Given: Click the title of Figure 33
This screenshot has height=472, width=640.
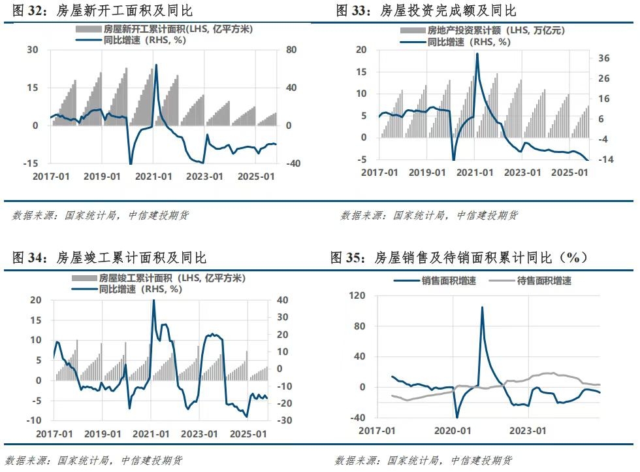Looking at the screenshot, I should point(426,11).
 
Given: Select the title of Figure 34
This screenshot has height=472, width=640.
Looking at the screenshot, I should point(109,258).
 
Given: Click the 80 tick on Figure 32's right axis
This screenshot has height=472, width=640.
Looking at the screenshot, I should point(292,50).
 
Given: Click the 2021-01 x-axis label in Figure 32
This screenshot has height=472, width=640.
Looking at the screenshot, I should point(154,177).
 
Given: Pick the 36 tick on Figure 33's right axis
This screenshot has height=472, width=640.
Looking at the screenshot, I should point(603,58).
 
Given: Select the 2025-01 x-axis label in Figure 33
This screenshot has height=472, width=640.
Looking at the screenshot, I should point(569,172).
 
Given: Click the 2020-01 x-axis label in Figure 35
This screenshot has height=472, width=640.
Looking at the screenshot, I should point(453,431).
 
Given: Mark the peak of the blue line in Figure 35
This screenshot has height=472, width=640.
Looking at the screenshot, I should point(483,307).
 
